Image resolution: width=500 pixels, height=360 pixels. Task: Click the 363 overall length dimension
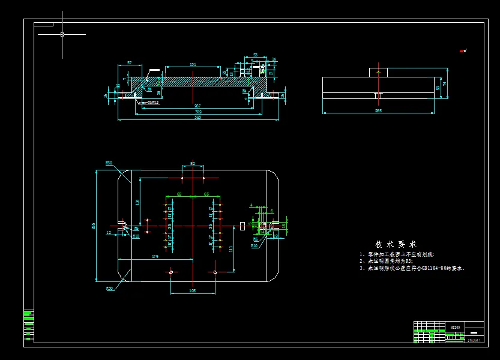click(197, 117)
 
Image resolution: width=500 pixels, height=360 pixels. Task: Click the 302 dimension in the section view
click(198, 111)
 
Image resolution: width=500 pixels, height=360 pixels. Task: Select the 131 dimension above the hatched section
click(193, 64)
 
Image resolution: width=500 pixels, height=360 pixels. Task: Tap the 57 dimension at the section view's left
click(130, 62)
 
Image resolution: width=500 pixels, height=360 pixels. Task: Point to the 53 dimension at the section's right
click(255, 55)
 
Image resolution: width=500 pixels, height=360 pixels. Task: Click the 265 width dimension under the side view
click(378, 110)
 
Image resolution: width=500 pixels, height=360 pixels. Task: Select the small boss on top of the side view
click(378, 72)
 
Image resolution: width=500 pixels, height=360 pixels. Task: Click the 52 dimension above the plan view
click(193, 163)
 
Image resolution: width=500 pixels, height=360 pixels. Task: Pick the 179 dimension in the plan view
click(155, 257)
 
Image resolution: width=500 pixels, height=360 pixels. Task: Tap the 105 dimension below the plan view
click(193, 290)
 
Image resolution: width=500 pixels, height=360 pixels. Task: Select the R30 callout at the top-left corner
click(109, 163)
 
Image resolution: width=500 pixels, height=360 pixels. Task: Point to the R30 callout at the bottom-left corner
click(109, 289)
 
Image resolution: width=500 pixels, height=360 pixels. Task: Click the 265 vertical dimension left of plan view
click(93, 226)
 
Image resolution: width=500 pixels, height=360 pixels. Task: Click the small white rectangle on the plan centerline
click(242, 226)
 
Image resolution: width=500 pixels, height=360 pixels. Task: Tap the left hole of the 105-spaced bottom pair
click(171, 272)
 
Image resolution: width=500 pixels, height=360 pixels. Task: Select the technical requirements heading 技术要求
click(396, 244)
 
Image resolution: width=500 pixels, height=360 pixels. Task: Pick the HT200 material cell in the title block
click(456, 327)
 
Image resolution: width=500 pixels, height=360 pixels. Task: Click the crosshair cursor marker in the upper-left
click(62, 34)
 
